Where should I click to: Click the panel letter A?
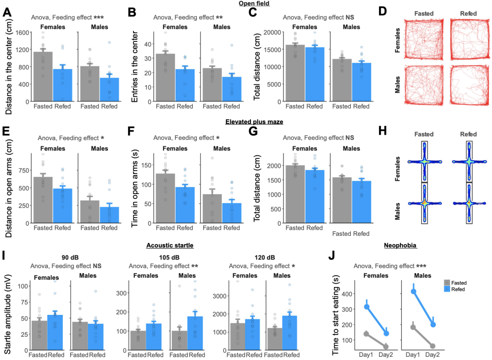[x=7, y=12]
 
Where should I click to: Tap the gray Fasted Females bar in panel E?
[x=43, y=200]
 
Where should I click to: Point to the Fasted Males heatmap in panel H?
[x=424, y=203]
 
